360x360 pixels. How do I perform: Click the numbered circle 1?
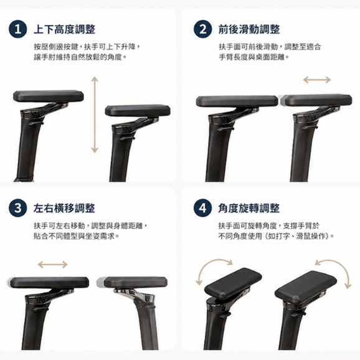[x=18, y=29]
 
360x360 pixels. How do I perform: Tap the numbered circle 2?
[x=202, y=29]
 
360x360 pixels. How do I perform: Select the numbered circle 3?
[x=18, y=208]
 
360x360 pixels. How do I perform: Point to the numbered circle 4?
[x=202, y=208]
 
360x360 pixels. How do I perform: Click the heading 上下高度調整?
[x=65, y=29]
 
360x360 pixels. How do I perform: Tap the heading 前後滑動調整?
[x=249, y=29]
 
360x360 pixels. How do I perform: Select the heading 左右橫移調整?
[x=64, y=208]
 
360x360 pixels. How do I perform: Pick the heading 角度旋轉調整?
[x=249, y=208]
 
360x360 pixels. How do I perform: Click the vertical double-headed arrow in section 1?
[x=95, y=115]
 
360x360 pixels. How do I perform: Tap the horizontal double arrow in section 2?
[x=317, y=80]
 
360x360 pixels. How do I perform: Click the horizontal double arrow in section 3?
[x=52, y=265]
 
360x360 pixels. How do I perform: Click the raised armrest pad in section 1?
[x=48, y=96]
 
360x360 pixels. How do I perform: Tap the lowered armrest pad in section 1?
[x=138, y=110]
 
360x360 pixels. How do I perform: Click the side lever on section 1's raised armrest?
[x=36, y=123]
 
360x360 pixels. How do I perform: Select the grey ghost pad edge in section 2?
[x=282, y=100]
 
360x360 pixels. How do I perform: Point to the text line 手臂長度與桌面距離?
[x=253, y=57]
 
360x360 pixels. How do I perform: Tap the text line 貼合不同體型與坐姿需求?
[x=76, y=236]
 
